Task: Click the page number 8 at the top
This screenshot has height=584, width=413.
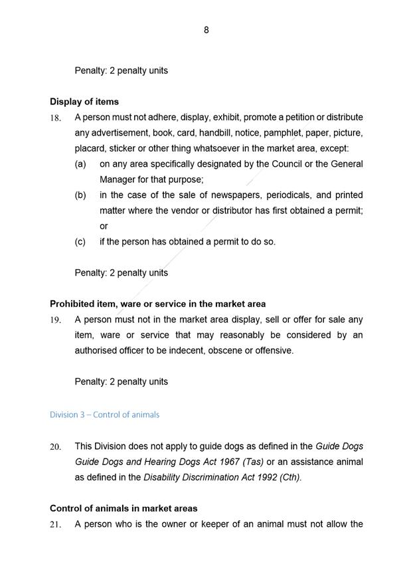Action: point(206,30)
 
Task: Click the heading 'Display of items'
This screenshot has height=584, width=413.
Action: point(84,102)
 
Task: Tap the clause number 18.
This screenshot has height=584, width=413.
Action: point(56,118)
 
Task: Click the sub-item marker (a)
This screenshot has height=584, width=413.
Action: point(80,164)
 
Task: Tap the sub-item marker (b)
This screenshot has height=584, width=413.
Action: point(80,195)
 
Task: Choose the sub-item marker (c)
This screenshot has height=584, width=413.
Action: point(80,242)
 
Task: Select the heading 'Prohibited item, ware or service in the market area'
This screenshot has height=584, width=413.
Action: point(157,304)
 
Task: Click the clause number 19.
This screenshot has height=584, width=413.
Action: point(56,320)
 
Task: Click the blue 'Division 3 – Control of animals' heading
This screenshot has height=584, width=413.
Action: point(104,415)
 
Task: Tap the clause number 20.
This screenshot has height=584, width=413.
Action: point(56,447)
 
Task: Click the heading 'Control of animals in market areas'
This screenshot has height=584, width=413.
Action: point(124,508)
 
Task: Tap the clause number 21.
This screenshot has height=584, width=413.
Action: point(56,525)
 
